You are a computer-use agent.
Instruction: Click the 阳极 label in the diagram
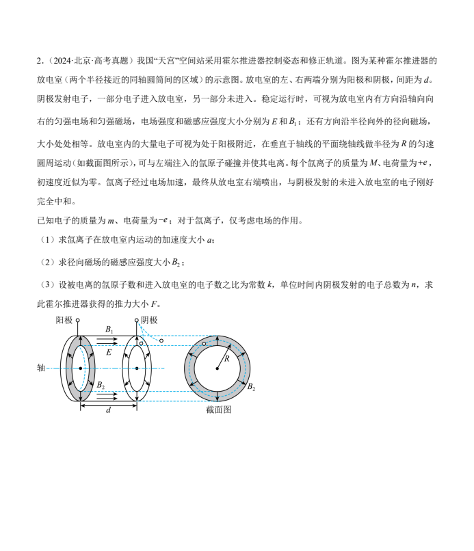[x=64, y=320]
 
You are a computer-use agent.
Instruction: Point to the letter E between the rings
[x=109, y=352]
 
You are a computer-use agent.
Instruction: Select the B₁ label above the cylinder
[x=109, y=330]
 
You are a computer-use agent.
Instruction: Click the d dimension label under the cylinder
[x=108, y=410]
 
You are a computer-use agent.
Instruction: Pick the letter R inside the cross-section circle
[x=227, y=358]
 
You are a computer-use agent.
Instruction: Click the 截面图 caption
[x=218, y=409]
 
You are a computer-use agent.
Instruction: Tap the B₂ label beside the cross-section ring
[x=252, y=388]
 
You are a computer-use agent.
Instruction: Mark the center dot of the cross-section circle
[x=218, y=368]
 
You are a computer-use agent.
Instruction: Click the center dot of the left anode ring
[x=81, y=368]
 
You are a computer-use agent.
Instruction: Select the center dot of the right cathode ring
[x=137, y=368]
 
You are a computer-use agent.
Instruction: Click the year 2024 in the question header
[x=60, y=62]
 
